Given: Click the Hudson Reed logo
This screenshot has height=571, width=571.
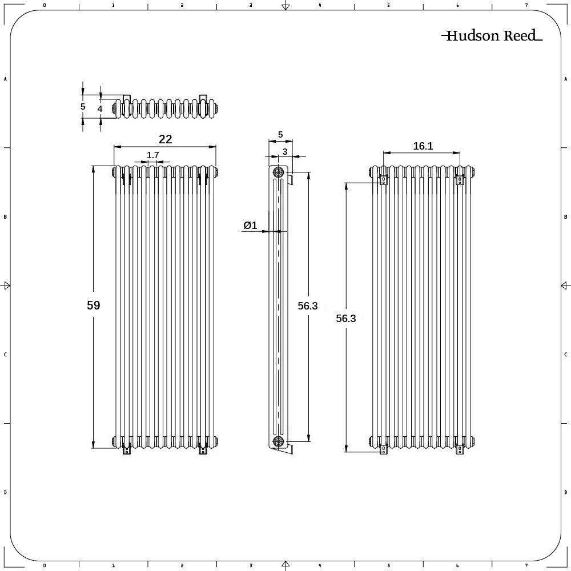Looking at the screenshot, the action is (x=492, y=35).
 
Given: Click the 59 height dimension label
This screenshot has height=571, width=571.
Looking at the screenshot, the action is (x=93, y=305).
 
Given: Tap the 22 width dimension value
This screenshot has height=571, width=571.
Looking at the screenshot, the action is (x=165, y=139).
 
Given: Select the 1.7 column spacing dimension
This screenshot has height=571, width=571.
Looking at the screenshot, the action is (x=153, y=155).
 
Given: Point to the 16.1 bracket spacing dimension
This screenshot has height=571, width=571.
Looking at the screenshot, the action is (x=423, y=146).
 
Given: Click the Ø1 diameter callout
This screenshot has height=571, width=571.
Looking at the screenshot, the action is (x=250, y=226).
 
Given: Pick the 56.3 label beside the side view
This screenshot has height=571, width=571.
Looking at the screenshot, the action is (x=307, y=306).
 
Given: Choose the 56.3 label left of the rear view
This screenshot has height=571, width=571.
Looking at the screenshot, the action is (x=345, y=318).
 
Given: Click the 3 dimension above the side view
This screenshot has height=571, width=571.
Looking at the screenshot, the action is (x=285, y=151).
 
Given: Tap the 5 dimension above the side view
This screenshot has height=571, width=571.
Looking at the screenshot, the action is (x=280, y=135).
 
